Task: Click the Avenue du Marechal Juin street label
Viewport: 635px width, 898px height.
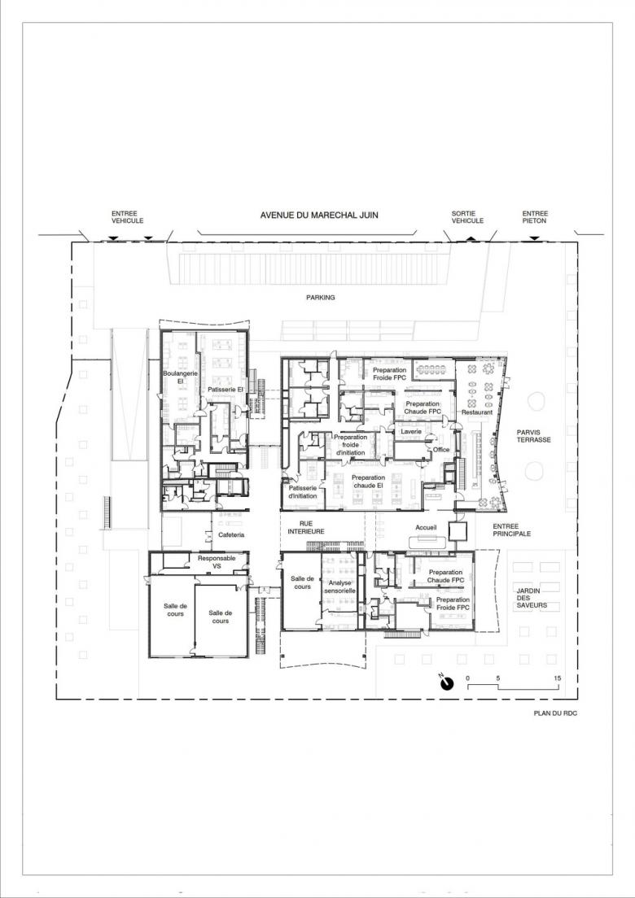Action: point(319,216)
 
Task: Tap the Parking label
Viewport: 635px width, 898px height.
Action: point(321,297)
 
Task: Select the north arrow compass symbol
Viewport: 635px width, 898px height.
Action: point(446,682)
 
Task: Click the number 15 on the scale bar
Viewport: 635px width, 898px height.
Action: point(558,678)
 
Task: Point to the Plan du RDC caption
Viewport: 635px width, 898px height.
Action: point(551,713)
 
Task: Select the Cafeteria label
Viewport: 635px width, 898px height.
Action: point(231,535)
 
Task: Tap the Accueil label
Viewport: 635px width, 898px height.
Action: point(426,527)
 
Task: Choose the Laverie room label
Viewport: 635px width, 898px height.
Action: point(411,430)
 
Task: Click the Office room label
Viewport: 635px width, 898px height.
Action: point(441,449)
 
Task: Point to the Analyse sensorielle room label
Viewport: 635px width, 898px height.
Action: point(339,586)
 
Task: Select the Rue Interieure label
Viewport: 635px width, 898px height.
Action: point(306,527)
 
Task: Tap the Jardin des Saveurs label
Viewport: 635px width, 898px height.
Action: point(532,597)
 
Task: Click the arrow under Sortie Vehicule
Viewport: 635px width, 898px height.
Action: point(470,237)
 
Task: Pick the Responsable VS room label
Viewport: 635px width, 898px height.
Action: point(217,562)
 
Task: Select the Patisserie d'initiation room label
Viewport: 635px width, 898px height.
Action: point(303,492)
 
